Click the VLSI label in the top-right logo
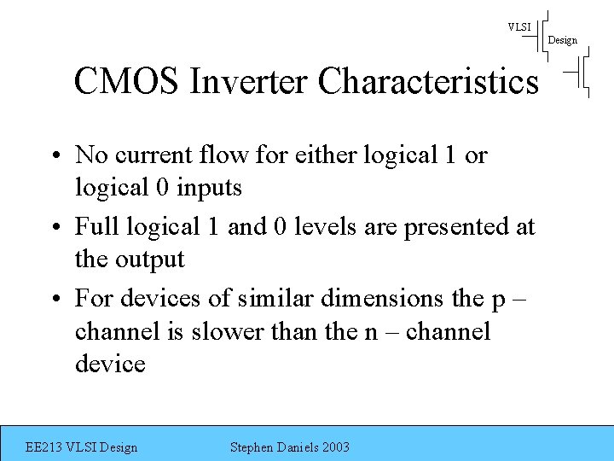point(519,27)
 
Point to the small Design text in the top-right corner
point(562,40)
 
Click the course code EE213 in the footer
point(44,447)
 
